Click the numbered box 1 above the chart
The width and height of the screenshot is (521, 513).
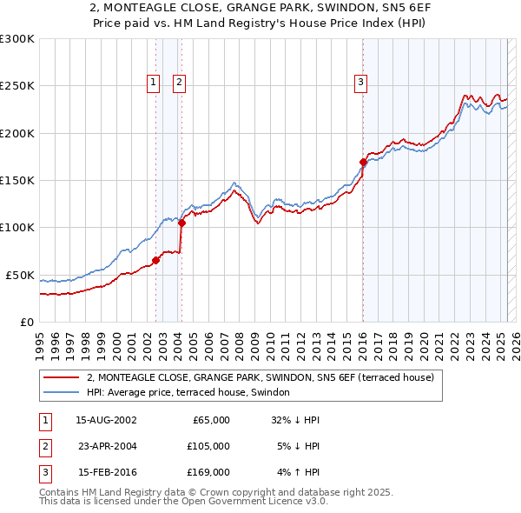pyautogui.click(x=153, y=83)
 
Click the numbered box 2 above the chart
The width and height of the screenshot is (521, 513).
pyautogui.click(x=179, y=83)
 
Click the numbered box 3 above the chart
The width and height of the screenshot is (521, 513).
pyautogui.click(x=360, y=83)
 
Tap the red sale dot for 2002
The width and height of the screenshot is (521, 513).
pyautogui.click(x=155, y=260)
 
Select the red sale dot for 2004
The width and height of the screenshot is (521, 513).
pyautogui.click(x=181, y=223)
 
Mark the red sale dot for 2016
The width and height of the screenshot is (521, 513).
pyautogui.click(x=362, y=162)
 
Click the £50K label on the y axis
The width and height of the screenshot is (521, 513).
pyautogui.click(x=20, y=275)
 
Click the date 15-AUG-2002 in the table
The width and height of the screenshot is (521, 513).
pyautogui.click(x=107, y=420)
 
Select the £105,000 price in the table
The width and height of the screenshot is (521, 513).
pyautogui.click(x=209, y=446)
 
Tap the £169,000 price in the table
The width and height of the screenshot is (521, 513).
pyautogui.click(x=209, y=472)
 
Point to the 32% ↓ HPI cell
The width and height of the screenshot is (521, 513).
pyautogui.click(x=295, y=420)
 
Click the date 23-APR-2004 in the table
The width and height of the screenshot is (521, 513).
pyautogui.click(x=107, y=446)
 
